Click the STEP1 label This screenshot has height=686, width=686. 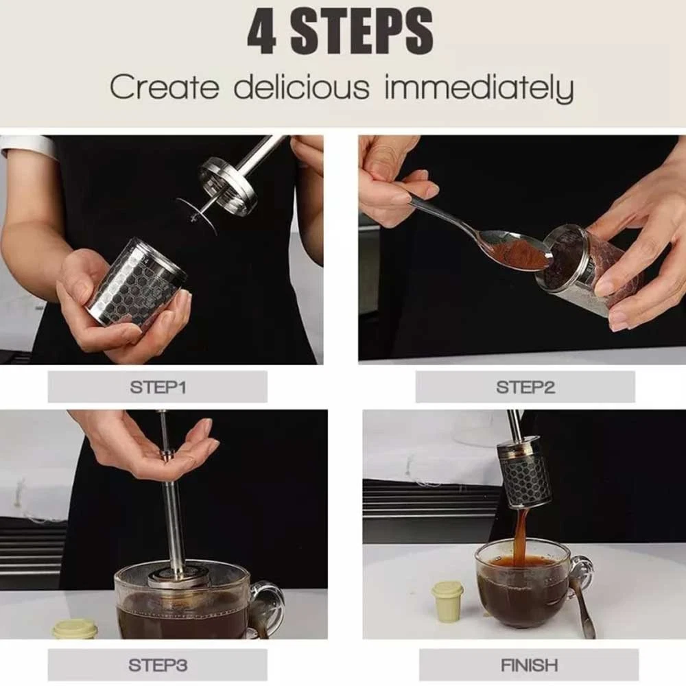click(x=158, y=387)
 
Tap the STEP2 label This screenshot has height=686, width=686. click(x=525, y=387)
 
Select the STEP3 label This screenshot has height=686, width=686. click(x=158, y=665)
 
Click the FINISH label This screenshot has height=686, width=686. click(x=529, y=665)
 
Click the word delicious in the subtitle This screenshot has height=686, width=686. click(x=301, y=86)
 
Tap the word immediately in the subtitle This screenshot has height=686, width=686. click(x=479, y=88)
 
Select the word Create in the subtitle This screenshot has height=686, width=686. click(x=164, y=86)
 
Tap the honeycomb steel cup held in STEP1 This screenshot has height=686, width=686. click(x=137, y=284)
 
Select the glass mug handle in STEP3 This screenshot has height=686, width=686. click(x=268, y=606)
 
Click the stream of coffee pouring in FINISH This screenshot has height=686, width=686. click(x=520, y=534)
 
